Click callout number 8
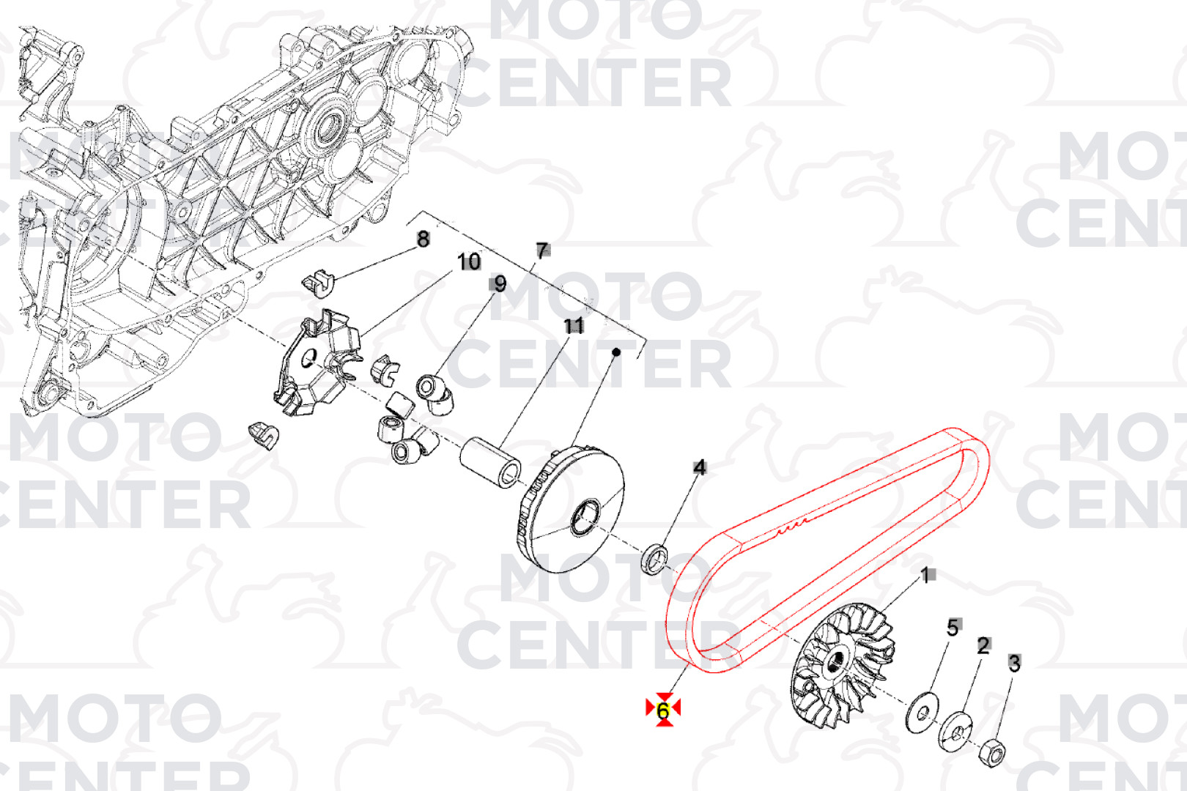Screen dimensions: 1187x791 [423, 239]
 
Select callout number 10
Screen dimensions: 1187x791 [468, 261]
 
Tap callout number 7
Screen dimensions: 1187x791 [542, 250]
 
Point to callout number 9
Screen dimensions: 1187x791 [500, 284]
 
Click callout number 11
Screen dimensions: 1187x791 [574, 326]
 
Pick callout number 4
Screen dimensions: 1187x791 [700, 467]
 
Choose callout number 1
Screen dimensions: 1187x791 [925, 576]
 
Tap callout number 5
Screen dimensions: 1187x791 [953, 628]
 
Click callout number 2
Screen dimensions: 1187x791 [983, 646]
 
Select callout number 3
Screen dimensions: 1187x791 [1014, 664]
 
